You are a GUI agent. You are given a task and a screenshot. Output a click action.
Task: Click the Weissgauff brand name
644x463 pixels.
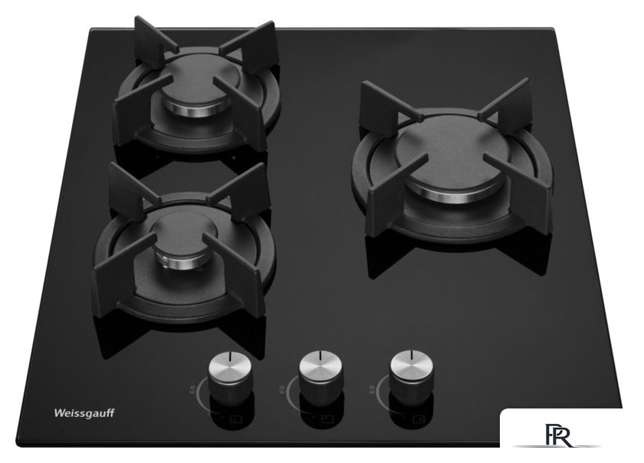[84, 413]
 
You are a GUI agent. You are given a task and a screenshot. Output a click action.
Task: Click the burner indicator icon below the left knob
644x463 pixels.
[236, 419]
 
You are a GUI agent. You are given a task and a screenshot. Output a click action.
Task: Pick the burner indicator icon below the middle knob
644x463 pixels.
[327, 419]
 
